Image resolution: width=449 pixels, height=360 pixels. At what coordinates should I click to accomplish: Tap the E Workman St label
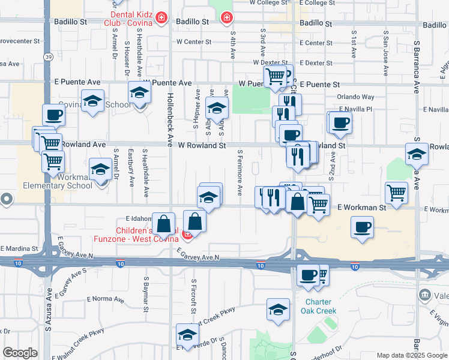[x=361, y=208]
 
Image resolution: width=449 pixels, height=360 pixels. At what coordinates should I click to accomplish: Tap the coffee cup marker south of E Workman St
[x=362, y=227]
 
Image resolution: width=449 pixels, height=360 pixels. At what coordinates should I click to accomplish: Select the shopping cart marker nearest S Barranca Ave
[x=397, y=193]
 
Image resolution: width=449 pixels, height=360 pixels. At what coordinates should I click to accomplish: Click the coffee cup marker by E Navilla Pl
[x=341, y=122]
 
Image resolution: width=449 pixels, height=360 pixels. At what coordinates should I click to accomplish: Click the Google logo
[x=20, y=353]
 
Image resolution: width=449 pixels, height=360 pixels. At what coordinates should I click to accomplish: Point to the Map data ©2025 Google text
[x=412, y=355]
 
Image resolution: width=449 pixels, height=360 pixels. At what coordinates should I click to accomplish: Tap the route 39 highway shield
[x=47, y=56]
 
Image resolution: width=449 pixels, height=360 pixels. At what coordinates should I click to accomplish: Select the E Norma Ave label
[x=105, y=299]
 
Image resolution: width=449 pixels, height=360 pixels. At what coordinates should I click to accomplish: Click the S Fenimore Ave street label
[x=240, y=173]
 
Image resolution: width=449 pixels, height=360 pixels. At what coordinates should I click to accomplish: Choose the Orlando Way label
[x=355, y=97]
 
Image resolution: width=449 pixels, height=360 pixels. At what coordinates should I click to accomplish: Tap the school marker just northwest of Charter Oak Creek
[x=277, y=310]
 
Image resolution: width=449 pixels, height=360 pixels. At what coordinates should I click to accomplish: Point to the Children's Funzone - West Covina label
[x=146, y=235]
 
